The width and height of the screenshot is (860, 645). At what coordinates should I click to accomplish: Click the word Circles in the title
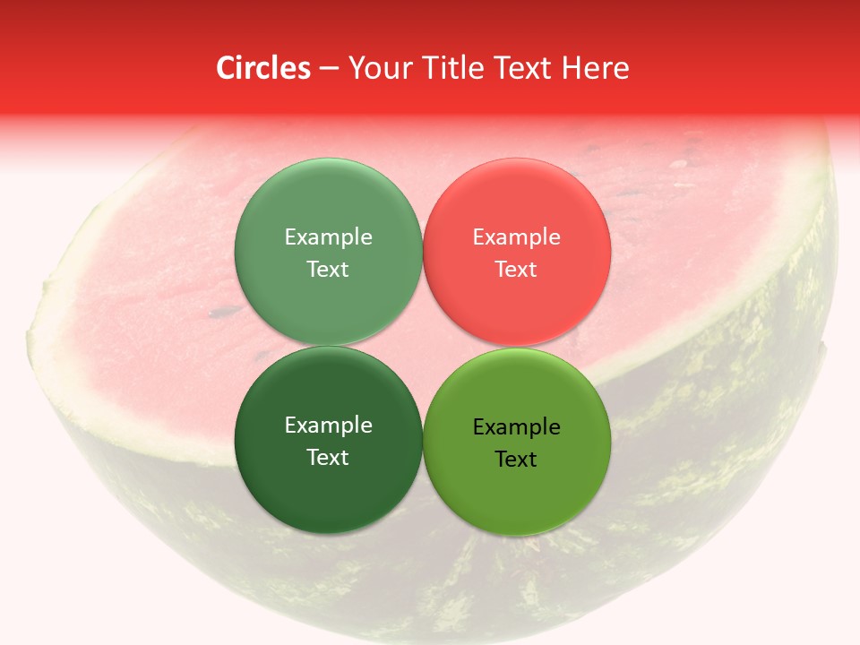pyautogui.click(x=262, y=68)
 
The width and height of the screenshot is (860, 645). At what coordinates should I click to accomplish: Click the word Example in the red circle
pyautogui.click(x=516, y=237)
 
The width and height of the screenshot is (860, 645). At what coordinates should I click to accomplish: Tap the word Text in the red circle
pyautogui.click(x=516, y=269)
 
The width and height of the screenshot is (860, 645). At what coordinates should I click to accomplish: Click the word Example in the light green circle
pyautogui.click(x=328, y=237)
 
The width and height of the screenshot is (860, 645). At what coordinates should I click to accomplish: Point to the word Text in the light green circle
pyautogui.click(x=328, y=269)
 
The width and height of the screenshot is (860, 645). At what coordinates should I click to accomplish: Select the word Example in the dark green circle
pyautogui.click(x=328, y=426)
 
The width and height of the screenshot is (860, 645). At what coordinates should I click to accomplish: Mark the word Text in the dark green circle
pyautogui.click(x=328, y=457)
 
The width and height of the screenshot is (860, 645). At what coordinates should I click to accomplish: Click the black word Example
pyautogui.click(x=516, y=427)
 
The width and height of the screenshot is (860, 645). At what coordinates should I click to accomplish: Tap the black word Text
pyautogui.click(x=516, y=459)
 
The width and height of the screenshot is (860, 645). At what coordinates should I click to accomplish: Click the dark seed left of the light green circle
pyautogui.click(x=218, y=313)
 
